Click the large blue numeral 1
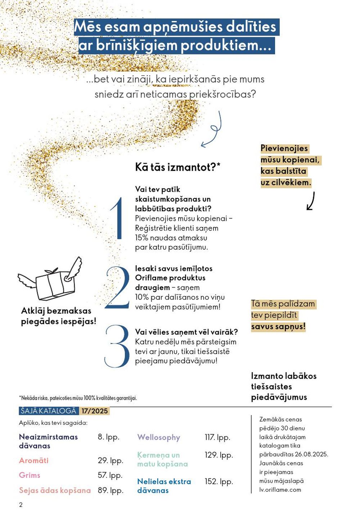pyautogui.click(x=117, y=218)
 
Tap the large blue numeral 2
pyautogui.click(x=117, y=287)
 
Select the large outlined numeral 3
pyautogui.click(x=117, y=346)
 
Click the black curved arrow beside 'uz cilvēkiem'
pyautogui.click(x=311, y=201)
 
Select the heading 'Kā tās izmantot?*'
pyautogui.click(x=177, y=167)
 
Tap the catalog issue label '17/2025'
pyautogui.click(x=94, y=411)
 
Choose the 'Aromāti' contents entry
pyautogui.click(x=34, y=460)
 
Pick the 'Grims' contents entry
pyautogui.click(x=30, y=475)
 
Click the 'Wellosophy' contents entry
pyautogui.click(x=158, y=437)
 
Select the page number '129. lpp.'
pyautogui.click(x=219, y=455)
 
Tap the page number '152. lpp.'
pyautogui.click(x=219, y=482)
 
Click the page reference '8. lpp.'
pyautogui.click(x=108, y=437)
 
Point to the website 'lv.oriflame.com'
pyautogui.click(x=280, y=490)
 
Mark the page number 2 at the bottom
pyautogui.click(x=21, y=505)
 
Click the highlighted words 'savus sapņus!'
pyautogui.click(x=278, y=327)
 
